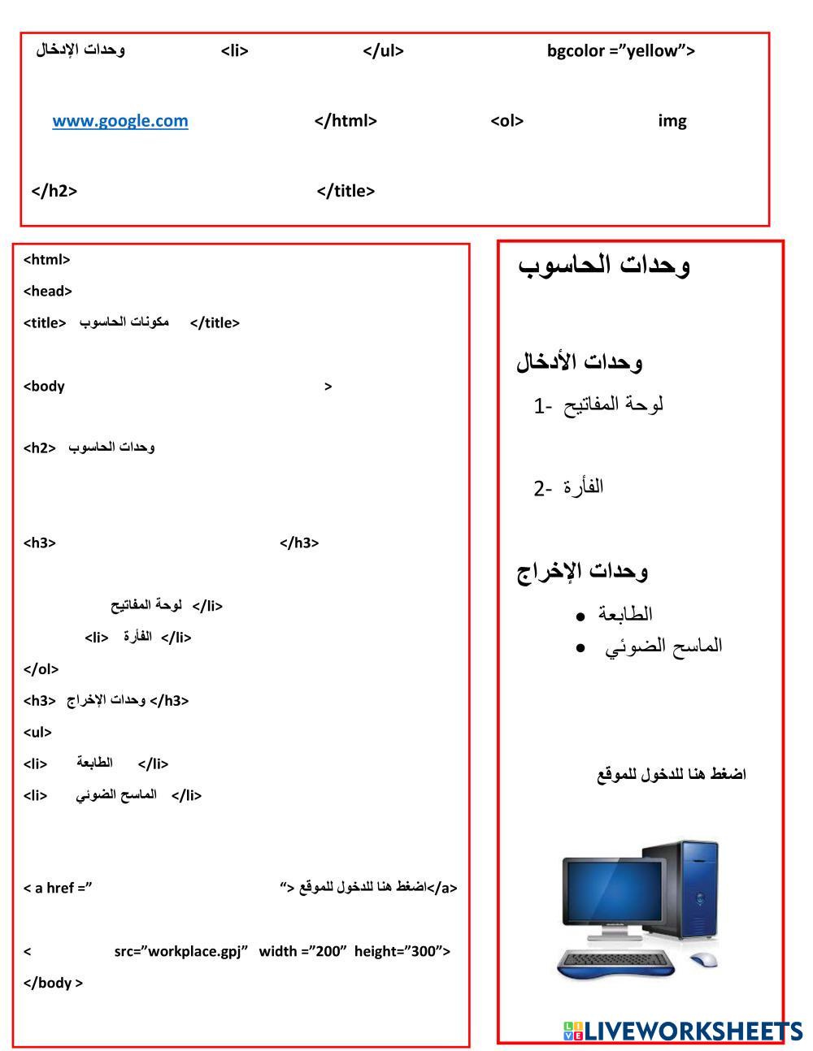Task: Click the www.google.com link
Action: point(120,121)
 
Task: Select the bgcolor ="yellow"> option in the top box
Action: point(621,51)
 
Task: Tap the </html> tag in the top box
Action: point(346,121)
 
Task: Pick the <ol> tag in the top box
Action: point(506,121)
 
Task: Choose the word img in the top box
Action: point(672,121)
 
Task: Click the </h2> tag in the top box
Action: point(54,191)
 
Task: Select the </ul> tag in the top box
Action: point(383,51)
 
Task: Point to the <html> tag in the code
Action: point(47,260)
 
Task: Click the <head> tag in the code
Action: point(48,291)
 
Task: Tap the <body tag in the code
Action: point(45,386)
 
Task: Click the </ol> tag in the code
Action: point(41,669)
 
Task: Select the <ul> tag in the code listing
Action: point(38,732)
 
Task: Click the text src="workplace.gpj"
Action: point(180,951)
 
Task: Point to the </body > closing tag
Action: point(54,983)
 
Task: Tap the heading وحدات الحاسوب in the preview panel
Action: point(604,265)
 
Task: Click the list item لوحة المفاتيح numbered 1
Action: point(599,404)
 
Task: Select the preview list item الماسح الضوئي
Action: point(663,647)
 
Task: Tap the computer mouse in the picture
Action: point(705,959)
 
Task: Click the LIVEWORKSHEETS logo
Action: point(682,1031)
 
